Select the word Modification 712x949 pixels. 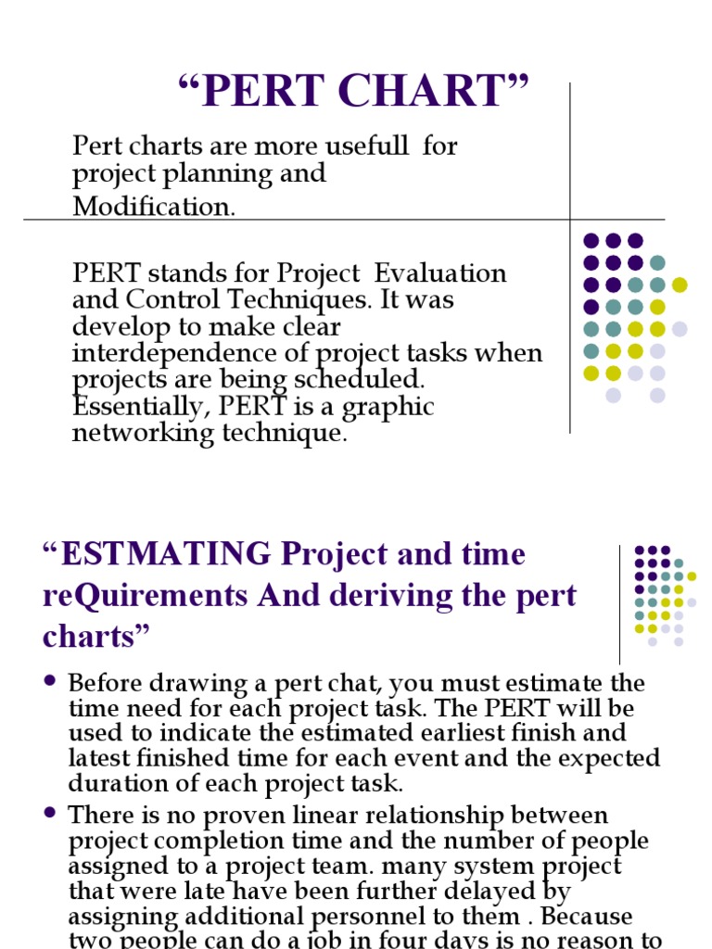click(x=154, y=206)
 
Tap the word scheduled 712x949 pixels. click(x=368, y=381)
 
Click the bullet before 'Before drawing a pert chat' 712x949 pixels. click(x=50, y=683)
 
